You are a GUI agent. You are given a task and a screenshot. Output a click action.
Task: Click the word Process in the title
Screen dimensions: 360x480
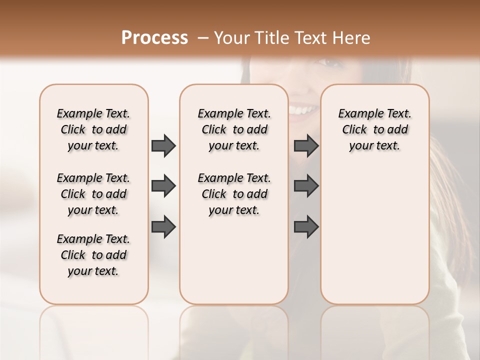pos(154,38)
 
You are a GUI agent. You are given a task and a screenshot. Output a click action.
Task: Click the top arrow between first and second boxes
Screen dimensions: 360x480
pos(163,145)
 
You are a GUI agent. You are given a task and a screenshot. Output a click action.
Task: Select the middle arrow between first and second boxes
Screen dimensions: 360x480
pos(163,186)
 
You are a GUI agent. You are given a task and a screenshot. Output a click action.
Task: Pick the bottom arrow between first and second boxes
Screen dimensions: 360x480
pos(163,226)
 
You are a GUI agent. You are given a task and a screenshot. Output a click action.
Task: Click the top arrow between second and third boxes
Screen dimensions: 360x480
pos(306,145)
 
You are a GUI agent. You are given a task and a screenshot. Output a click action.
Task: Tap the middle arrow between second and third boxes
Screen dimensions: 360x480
pos(306,186)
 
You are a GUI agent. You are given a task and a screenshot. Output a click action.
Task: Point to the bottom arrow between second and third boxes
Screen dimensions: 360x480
pos(306,226)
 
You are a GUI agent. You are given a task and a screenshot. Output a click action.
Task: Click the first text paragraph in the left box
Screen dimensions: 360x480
pos(93,129)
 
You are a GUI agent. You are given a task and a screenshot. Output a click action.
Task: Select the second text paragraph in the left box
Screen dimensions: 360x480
pos(93,194)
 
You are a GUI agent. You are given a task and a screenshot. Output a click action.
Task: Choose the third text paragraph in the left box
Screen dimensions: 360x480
pos(93,255)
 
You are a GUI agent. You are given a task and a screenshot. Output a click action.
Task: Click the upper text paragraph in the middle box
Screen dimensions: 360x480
pos(234,129)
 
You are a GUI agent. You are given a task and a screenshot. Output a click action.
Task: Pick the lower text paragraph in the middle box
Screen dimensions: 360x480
pos(234,194)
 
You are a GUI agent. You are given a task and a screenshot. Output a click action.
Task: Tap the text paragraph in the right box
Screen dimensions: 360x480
pos(374,129)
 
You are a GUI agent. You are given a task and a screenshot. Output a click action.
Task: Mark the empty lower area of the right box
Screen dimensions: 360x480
pos(374,235)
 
